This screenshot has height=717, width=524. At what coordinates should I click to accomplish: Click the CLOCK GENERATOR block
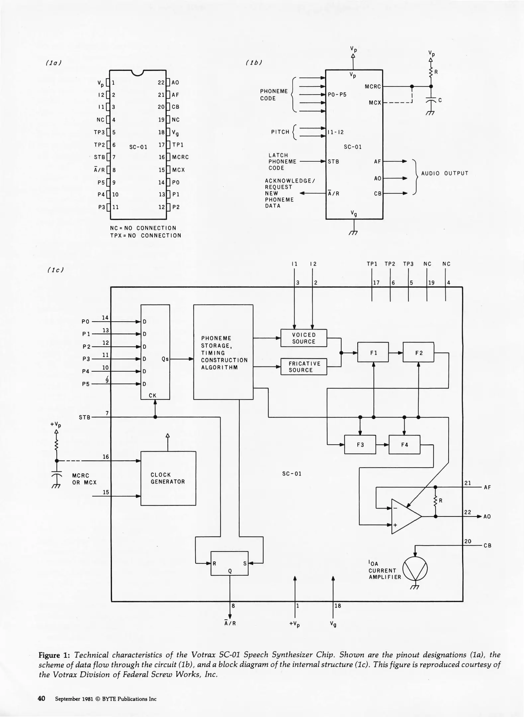coord(168,478)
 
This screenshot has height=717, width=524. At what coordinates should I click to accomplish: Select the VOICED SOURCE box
coord(304,338)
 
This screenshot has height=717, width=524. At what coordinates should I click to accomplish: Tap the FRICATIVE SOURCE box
coord(304,366)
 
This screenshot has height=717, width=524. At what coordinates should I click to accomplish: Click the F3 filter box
coord(360,444)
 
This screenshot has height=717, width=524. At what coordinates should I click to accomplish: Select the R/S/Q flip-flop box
coord(229,563)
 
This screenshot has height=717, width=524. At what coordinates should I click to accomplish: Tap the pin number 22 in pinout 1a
coord(161,83)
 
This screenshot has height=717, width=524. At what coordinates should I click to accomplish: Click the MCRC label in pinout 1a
coord(180,157)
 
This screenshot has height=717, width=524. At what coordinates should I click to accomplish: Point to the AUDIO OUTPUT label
coord(445,173)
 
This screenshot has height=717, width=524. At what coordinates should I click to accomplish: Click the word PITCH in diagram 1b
coord(280,132)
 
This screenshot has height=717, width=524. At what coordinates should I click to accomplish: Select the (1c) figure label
coord(55,270)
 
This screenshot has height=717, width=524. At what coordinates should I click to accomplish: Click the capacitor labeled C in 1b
coord(431,101)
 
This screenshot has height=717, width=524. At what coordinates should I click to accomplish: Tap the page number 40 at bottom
coord(41,698)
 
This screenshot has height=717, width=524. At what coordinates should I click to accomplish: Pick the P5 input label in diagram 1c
coord(86,384)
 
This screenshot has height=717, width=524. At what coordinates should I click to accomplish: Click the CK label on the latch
coord(152,395)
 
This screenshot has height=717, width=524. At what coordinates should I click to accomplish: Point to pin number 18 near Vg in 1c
coord(338,605)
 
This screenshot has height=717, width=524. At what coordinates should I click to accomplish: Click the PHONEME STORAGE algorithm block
coord(223,352)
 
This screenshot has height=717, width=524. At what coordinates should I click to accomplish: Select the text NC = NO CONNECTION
coord(143,228)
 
